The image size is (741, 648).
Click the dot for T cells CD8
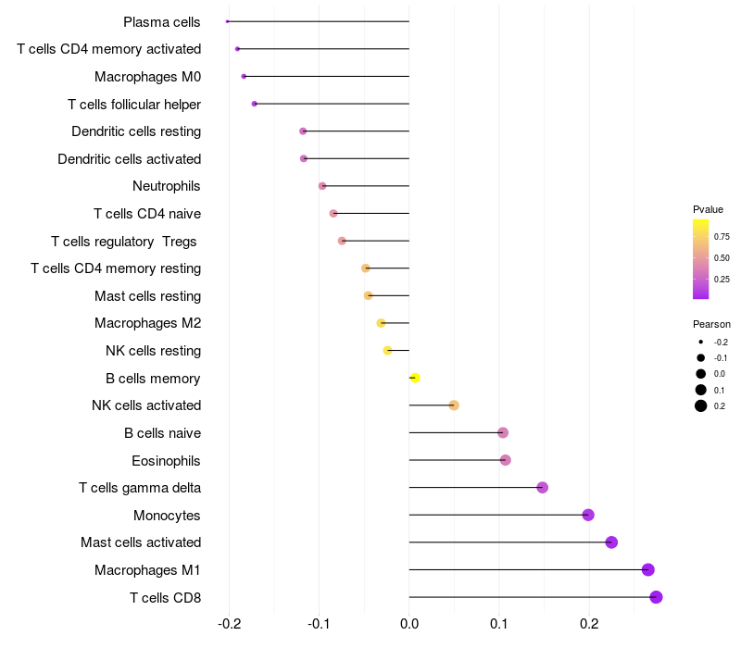(x=656, y=597)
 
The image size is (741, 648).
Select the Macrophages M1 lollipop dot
(x=648, y=569)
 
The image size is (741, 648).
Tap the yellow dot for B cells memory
(x=415, y=378)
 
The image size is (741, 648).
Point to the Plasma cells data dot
(x=227, y=21)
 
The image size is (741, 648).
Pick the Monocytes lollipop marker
(x=588, y=515)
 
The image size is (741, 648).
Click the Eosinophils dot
(x=505, y=460)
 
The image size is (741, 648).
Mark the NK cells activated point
(x=454, y=405)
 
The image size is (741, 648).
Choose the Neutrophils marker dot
(x=322, y=186)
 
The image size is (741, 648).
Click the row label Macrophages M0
(x=147, y=77)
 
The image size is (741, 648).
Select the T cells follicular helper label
(x=134, y=104)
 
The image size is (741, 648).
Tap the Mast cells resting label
(x=147, y=296)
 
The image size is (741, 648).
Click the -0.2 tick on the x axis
(x=230, y=624)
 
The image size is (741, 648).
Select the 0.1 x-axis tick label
(x=498, y=624)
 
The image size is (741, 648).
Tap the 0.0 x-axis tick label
(x=409, y=624)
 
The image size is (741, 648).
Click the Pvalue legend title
(x=708, y=209)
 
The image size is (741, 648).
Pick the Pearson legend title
(x=711, y=325)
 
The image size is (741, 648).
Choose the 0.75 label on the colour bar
(x=722, y=237)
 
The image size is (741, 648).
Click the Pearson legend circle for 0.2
(x=701, y=405)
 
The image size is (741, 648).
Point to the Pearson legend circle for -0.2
(x=701, y=342)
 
